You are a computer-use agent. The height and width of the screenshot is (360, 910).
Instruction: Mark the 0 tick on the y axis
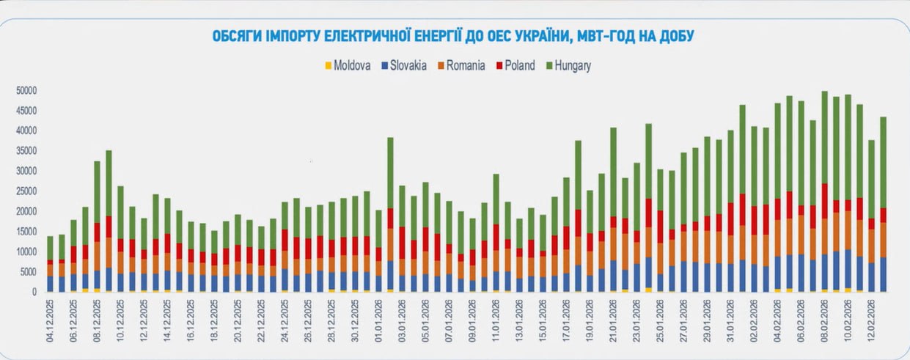[x=34, y=292]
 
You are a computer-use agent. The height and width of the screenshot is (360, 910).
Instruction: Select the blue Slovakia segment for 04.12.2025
[x=50, y=284]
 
